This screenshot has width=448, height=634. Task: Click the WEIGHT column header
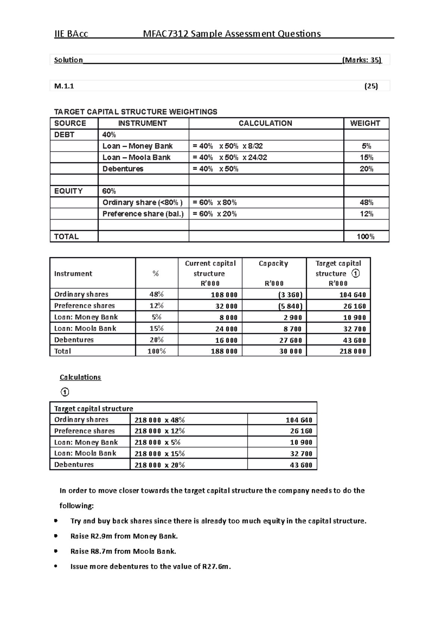click(x=365, y=123)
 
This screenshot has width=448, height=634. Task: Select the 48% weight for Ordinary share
click(x=366, y=202)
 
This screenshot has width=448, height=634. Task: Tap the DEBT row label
click(x=64, y=135)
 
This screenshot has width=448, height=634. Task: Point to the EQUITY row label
click(x=68, y=191)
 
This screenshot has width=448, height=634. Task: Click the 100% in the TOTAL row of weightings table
click(x=365, y=236)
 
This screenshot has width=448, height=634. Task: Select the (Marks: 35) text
click(x=361, y=60)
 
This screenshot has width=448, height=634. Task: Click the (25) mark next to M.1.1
click(x=371, y=86)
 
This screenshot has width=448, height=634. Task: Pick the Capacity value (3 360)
click(x=290, y=295)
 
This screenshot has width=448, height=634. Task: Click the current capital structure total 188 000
click(x=224, y=351)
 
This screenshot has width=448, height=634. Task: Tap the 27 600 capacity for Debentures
click(x=290, y=340)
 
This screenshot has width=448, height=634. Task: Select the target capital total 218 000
click(x=352, y=351)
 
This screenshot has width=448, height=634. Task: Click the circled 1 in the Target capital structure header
click(x=356, y=273)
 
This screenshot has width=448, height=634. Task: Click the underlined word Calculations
click(x=80, y=377)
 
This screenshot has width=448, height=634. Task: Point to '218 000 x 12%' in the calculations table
click(x=159, y=431)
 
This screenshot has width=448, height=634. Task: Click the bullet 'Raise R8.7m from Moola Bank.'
click(x=123, y=551)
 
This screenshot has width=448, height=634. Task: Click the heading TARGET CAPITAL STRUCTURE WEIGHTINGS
click(x=136, y=112)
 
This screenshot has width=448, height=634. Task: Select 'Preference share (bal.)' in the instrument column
click(x=143, y=214)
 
